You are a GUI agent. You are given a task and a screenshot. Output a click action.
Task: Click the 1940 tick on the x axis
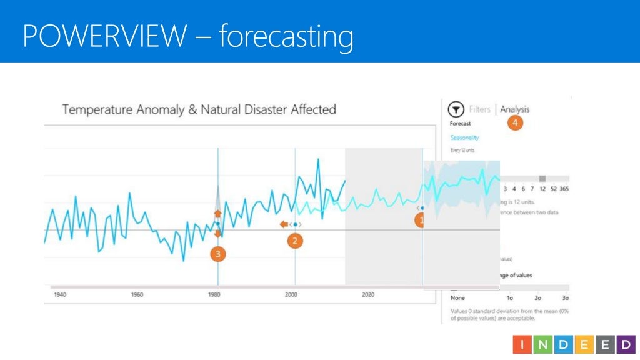coord(60,294)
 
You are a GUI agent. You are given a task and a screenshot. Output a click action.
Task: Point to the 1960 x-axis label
coord(137,294)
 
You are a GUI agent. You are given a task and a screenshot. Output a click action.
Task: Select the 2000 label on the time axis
coord(291,294)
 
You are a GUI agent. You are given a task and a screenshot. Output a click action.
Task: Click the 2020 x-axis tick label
coord(368,294)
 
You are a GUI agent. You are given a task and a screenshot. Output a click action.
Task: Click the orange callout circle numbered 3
coord(217,254)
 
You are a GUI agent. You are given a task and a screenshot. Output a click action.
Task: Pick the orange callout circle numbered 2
coord(295,241)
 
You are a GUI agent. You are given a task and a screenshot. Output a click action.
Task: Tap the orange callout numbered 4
coord(515,124)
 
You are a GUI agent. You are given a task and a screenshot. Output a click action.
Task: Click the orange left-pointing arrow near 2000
coord(284,224)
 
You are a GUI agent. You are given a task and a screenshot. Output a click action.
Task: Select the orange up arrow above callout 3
coord(217,214)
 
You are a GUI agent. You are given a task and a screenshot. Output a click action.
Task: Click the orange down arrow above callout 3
coord(217,234)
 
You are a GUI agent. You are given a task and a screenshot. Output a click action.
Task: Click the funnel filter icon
coord(456,109)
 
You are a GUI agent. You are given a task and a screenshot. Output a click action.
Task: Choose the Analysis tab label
coord(514,109)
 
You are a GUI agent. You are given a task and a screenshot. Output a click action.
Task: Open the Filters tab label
coord(479,109)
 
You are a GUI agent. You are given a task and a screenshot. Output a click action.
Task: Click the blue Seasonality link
coord(464,137)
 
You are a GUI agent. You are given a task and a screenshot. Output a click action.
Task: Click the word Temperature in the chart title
coord(97,110)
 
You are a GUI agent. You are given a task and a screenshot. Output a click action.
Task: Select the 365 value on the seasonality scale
coord(564,189)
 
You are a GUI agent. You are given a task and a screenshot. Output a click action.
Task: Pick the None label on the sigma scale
coord(457,298)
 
